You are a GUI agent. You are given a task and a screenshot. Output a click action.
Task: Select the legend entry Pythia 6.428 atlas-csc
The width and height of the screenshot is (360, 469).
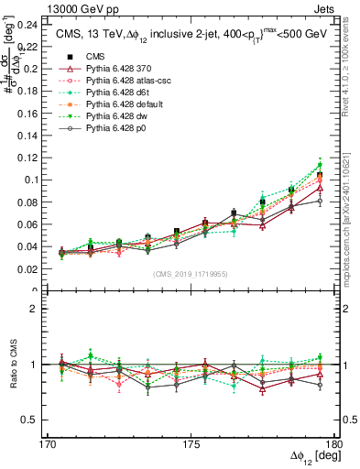pos(125,82)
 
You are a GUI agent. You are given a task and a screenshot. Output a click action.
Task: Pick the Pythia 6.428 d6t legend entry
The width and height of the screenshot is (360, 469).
pos(115,93)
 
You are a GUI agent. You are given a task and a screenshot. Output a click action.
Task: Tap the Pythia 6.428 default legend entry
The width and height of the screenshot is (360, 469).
pos(122,105)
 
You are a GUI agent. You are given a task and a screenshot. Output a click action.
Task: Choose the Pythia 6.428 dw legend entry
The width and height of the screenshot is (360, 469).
pos(115,117)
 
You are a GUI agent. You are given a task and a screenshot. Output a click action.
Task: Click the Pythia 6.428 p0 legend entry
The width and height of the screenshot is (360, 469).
pos(115,129)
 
